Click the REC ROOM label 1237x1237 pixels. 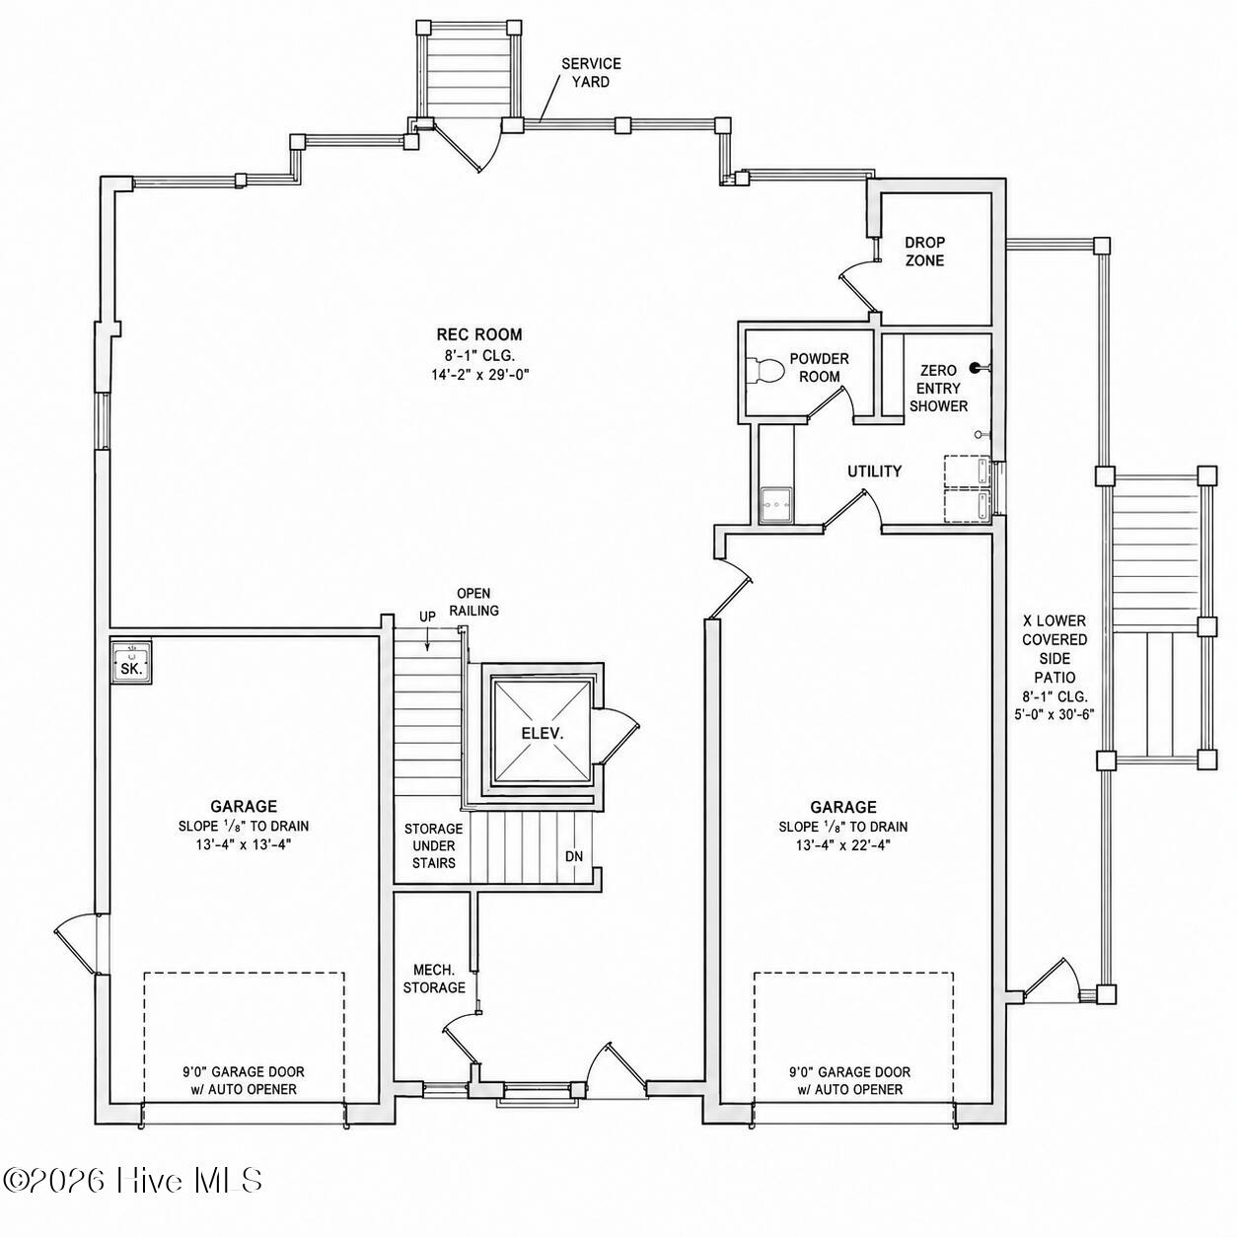[x=478, y=334]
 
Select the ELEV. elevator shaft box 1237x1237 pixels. [x=542, y=733]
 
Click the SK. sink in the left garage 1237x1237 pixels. [x=131, y=661]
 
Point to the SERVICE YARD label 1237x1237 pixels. [x=591, y=73]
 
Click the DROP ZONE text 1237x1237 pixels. [x=924, y=251]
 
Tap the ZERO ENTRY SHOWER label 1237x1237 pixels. [x=938, y=388]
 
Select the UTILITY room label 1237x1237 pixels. [x=874, y=472]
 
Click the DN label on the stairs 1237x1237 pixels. [x=574, y=855]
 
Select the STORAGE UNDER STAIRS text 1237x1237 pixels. [x=433, y=845]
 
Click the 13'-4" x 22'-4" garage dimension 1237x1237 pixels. [x=842, y=844]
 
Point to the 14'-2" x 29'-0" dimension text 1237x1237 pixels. [x=479, y=374]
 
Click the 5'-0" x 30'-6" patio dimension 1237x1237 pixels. [x=1055, y=713]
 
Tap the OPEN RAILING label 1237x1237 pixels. [x=473, y=602]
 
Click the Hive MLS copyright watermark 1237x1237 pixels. [x=132, y=1198]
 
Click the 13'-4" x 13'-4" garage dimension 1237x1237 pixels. [x=244, y=844]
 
